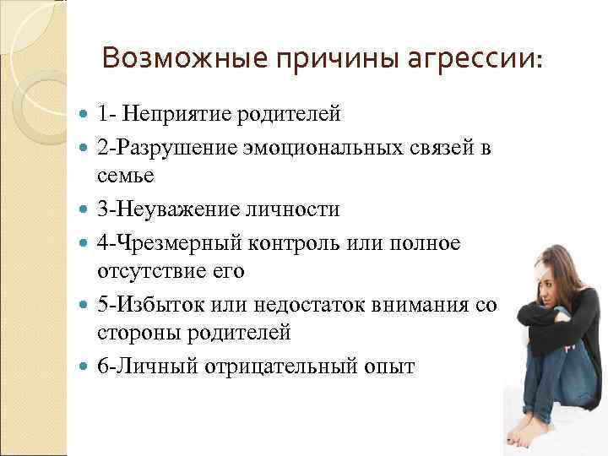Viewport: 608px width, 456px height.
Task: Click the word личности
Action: [x=297, y=209]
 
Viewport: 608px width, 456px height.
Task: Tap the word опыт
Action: [x=389, y=366]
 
